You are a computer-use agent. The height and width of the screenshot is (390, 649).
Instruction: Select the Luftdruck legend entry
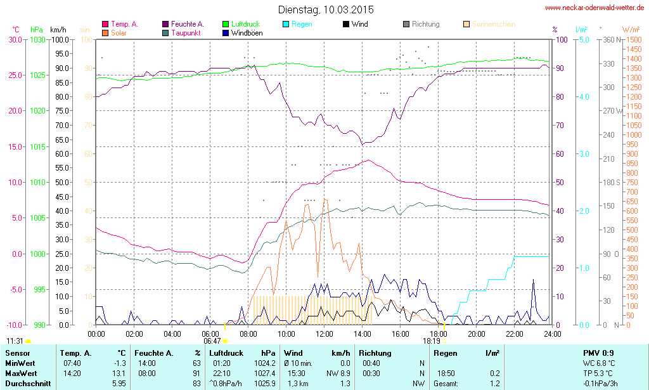pyautogui.click(x=240, y=24)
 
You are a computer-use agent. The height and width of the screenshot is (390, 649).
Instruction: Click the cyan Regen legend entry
pyautogui.click(x=299, y=24)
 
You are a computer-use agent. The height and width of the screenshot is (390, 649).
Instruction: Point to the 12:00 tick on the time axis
pyautogui.click(x=324, y=334)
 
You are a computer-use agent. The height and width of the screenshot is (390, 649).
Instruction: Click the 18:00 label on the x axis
pyautogui.click(x=439, y=334)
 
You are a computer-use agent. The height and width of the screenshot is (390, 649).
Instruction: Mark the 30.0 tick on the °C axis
pyautogui.click(x=15, y=39)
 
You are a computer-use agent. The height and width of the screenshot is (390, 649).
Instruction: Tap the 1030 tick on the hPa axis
pyautogui.click(x=39, y=39)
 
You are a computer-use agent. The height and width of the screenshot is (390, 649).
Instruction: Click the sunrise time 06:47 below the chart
pyautogui.click(x=212, y=341)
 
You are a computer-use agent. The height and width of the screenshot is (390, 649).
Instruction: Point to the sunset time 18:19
pyautogui.click(x=432, y=341)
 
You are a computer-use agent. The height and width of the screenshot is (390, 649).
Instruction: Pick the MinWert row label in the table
pyautogui.click(x=18, y=363)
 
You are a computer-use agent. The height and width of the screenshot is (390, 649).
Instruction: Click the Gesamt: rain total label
pyautogui.click(x=446, y=384)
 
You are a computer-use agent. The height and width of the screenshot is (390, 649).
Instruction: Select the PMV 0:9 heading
pyautogui.click(x=598, y=353)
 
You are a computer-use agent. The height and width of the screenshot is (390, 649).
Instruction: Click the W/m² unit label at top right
pyautogui.click(x=630, y=30)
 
